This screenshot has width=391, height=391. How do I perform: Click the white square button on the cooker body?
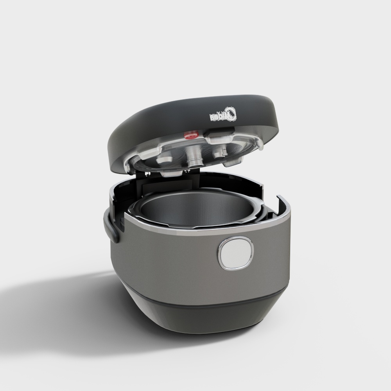[x=236, y=254]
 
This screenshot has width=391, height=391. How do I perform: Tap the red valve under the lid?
[x=190, y=136]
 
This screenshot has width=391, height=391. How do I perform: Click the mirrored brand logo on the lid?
[x=222, y=116]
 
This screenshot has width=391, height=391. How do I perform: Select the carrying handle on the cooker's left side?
[x=112, y=229]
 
